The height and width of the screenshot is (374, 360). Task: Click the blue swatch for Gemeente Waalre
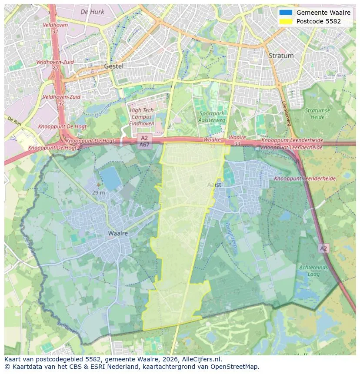tap(286, 13)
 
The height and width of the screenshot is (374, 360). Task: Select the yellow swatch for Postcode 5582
tap(286, 21)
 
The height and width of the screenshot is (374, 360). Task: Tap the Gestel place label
tap(114, 66)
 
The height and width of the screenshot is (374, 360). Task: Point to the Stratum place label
tap(281, 56)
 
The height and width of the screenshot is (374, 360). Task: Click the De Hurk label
tap(93, 12)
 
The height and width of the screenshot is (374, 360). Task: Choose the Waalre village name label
tap(118, 233)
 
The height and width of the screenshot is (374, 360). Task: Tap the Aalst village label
tap(214, 185)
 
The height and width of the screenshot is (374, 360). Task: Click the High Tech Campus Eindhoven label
tap(142, 117)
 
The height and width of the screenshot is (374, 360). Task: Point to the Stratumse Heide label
tap(317, 113)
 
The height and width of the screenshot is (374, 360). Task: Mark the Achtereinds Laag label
tap(313, 271)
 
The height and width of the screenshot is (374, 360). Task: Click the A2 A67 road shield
tap(144, 142)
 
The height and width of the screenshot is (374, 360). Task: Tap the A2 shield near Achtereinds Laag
tap(323, 248)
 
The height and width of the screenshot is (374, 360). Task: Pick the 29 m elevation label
tap(98, 192)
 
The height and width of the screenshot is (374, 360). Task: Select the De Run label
tap(14, 119)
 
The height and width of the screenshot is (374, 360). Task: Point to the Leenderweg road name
tap(287, 114)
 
